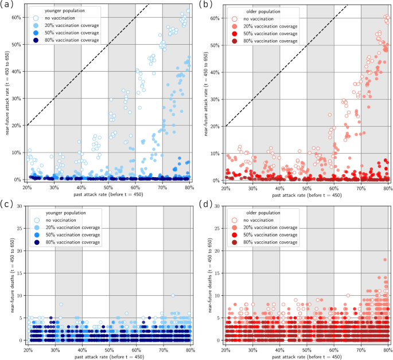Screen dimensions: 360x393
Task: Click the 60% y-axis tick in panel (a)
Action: coord(16,17)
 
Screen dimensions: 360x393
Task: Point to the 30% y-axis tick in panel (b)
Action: coord(214,99)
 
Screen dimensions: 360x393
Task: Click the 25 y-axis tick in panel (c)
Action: coord(18,228)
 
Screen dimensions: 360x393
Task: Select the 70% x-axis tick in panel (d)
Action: coord(361,349)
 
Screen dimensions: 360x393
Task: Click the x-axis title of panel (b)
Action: coord(306,195)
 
